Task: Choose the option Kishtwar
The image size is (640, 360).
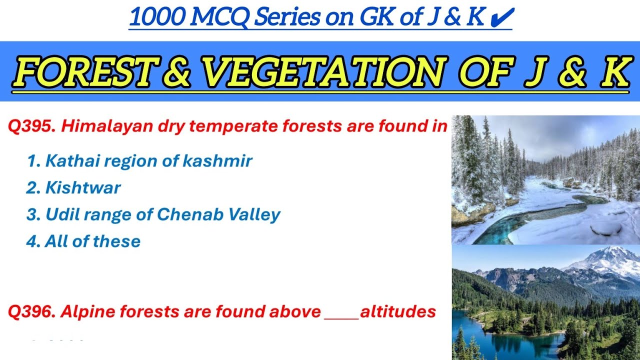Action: tap(83, 188)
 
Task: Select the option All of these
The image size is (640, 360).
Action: tap(92, 241)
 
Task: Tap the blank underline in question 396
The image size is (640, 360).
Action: tap(341, 316)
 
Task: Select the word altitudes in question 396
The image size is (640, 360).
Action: tap(398, 312)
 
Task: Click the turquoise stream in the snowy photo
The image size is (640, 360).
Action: tap(525, 220)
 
